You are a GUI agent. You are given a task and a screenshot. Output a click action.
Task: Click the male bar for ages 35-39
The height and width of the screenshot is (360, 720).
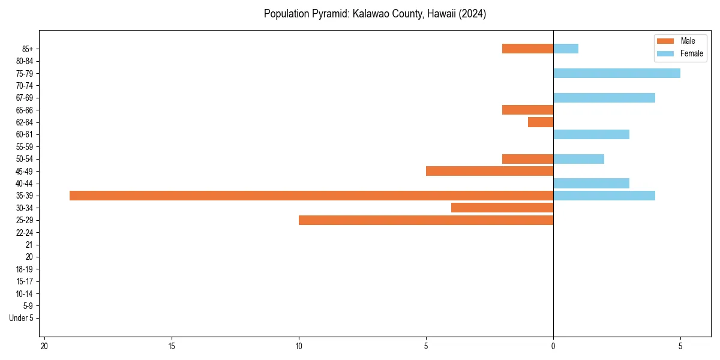311,196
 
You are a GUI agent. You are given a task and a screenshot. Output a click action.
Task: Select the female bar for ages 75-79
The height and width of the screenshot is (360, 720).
616,73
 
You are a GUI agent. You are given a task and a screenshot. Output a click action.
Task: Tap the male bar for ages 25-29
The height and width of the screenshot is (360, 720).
425,220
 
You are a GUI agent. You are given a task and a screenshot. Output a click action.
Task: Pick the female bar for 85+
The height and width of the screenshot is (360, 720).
565,49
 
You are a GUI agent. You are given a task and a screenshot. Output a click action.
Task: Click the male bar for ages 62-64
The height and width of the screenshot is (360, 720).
540,122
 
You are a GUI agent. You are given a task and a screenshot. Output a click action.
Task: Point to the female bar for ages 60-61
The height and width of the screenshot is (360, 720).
591,134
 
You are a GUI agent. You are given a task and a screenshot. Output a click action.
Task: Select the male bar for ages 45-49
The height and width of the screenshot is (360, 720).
489,171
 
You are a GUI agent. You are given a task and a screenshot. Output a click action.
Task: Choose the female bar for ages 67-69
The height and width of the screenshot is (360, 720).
604,98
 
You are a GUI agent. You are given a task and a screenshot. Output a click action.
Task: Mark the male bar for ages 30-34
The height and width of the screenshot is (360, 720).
502,208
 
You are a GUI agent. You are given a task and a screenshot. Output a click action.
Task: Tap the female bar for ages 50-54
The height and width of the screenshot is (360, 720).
578,159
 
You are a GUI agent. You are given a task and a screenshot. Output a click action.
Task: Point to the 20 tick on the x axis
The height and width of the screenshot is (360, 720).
44,346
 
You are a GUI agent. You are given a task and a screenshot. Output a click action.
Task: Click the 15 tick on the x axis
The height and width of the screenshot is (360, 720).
172,346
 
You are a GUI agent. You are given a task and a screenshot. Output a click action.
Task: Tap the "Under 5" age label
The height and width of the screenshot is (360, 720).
21,318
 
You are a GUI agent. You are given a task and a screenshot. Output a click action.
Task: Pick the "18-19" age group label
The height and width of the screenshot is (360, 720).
25,269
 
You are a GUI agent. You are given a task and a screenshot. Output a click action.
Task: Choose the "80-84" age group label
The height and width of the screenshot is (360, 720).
25,61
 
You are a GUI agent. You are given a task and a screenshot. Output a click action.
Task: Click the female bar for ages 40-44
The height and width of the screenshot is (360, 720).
591,184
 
